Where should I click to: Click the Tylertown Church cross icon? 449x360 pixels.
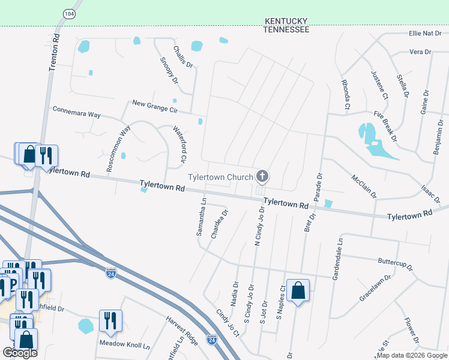[x=262, y=176]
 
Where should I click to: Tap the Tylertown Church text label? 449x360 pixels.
[x=220, y=177]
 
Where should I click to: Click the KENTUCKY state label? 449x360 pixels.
[x=287, y=21]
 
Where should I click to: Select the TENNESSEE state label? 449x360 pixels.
[x=288, y=29]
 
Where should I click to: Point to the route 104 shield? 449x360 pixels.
[x=70, y=13]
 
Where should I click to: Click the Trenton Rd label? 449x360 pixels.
[x=54, y=53]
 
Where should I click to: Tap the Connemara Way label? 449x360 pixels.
[x=77, y=112]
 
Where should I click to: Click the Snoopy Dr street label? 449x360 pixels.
[x=170, y=70]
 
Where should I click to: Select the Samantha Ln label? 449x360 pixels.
[x=202, y=217]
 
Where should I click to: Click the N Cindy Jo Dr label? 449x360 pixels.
[x=259, y=227]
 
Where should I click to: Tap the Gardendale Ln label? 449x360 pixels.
[x=337, y=257]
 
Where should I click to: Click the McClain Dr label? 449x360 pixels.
[x=364, y=186]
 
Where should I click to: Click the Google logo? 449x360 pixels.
[x=20, y=353]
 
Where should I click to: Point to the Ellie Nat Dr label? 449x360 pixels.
[x=425, y=33]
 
